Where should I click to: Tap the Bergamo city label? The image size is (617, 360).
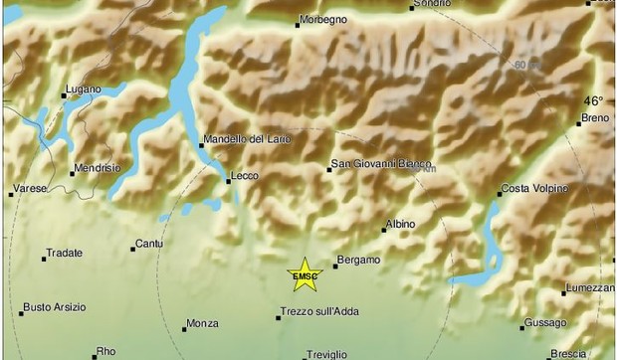pos(359,260)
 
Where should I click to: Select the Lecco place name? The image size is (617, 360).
pos(244,176)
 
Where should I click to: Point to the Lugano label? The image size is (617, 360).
pos(83,89)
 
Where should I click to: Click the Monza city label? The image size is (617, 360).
pos(202,324)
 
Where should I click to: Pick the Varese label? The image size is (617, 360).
pos(29,187)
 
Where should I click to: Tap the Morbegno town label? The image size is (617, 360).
pos(327,18)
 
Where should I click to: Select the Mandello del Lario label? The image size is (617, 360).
pos(248,139)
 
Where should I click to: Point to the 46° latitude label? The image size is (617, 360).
pos(593,100)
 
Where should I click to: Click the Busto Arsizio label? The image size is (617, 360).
pos(55,306)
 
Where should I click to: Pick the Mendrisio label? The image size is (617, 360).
pos(102,167)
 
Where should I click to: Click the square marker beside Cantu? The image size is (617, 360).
pos(133,249)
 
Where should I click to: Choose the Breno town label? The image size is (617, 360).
pos(597,119)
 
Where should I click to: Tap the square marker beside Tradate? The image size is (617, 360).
pos(44,259)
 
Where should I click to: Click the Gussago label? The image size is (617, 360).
pos(546,322)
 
